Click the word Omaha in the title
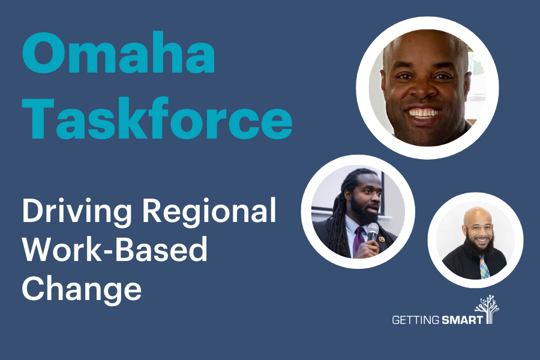119,53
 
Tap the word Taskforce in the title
157,118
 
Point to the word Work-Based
115,249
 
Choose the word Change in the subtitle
82,288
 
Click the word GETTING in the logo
415,320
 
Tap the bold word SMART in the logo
462,320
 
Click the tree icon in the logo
488,310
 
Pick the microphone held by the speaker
372,232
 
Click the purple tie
358,241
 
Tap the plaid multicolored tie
485,268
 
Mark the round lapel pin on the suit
382,239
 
